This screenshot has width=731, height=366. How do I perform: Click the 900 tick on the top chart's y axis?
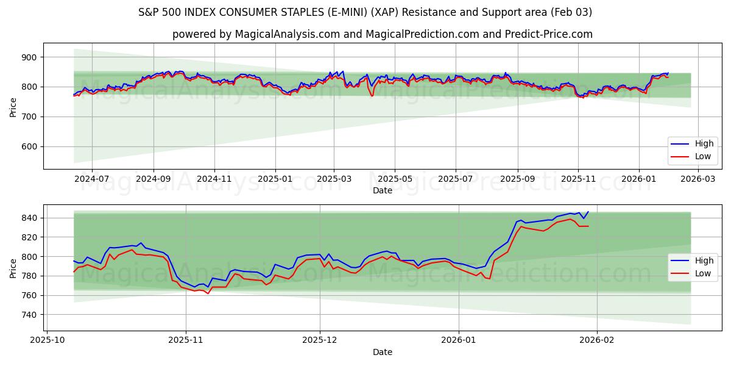[x=30, y=57]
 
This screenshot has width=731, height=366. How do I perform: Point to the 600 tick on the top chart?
[x=30, y=146]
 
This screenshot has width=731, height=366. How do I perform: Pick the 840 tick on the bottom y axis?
[x=30, y=218]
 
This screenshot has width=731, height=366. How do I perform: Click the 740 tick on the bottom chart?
[x=30, y=315]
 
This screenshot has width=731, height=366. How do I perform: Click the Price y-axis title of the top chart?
[x=13, y=106]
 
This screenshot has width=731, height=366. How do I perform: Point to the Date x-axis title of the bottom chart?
[x=383, y=352]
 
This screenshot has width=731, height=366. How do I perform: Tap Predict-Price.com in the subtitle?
[x=550, y=34]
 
